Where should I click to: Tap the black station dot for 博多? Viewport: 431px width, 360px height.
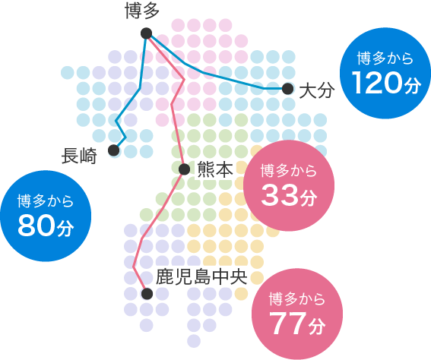click(146, 33)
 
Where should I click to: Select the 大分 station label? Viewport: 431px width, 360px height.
click(316, 91)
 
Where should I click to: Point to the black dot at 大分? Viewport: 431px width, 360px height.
click(287, 89)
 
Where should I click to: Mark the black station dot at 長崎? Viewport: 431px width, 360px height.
click(114, 150)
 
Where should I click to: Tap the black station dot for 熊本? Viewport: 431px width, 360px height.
click(184, 169)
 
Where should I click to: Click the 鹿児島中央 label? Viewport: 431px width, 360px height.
click(202, 275)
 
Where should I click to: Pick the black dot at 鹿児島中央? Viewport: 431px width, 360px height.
click(147, 293)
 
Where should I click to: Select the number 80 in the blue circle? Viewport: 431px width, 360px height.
click(35, 226)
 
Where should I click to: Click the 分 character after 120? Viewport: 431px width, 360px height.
click(410, 86)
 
